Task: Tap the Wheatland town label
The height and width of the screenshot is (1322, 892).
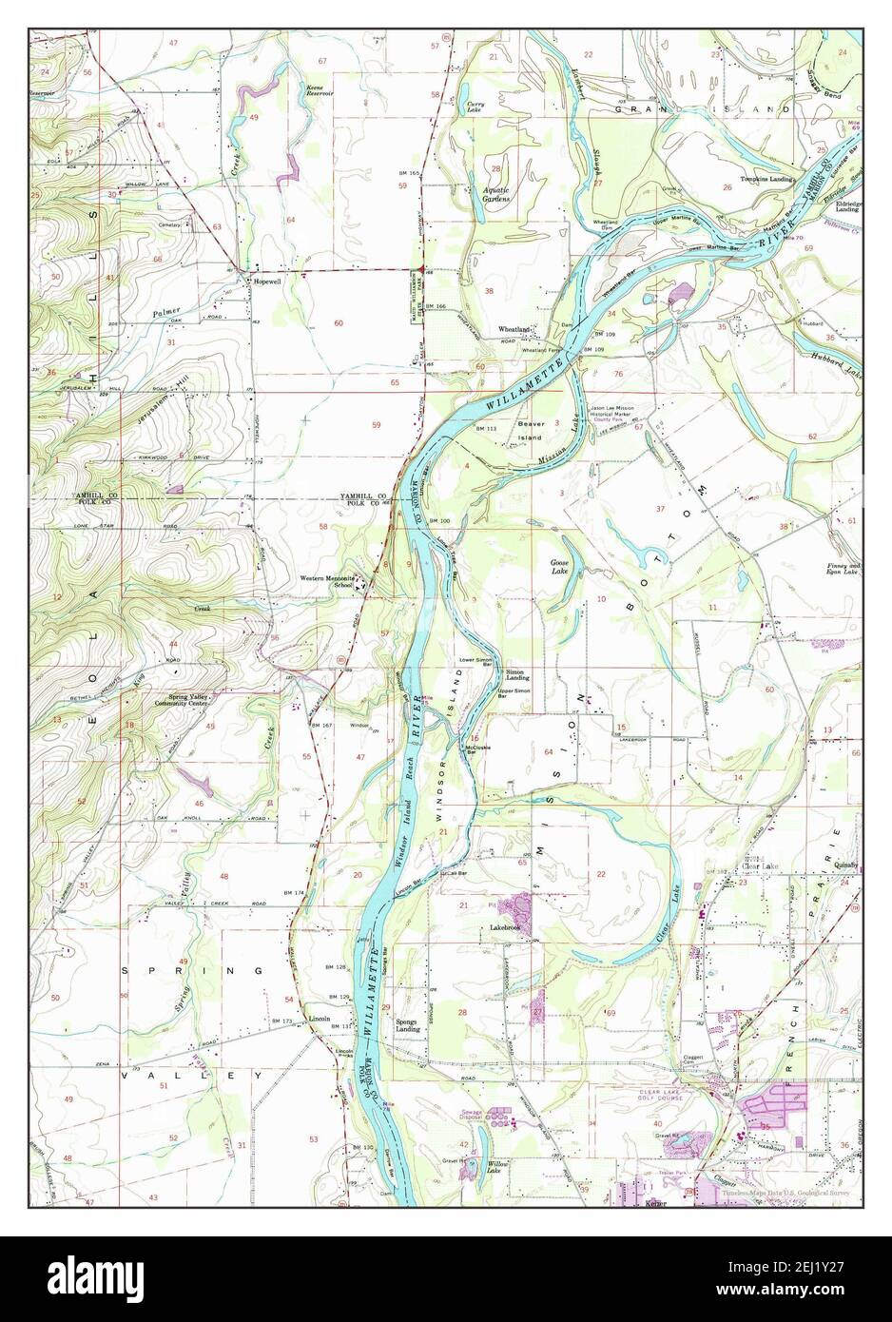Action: pyautogui.click(x=514, y=329)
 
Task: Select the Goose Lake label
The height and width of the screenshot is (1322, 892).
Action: pyautogui.click(x=560, y=568)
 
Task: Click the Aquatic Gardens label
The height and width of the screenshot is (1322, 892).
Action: pyautogui.click(x=496, y=194)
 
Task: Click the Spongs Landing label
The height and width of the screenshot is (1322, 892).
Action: pyautogui.click(x=409, y=1027)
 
